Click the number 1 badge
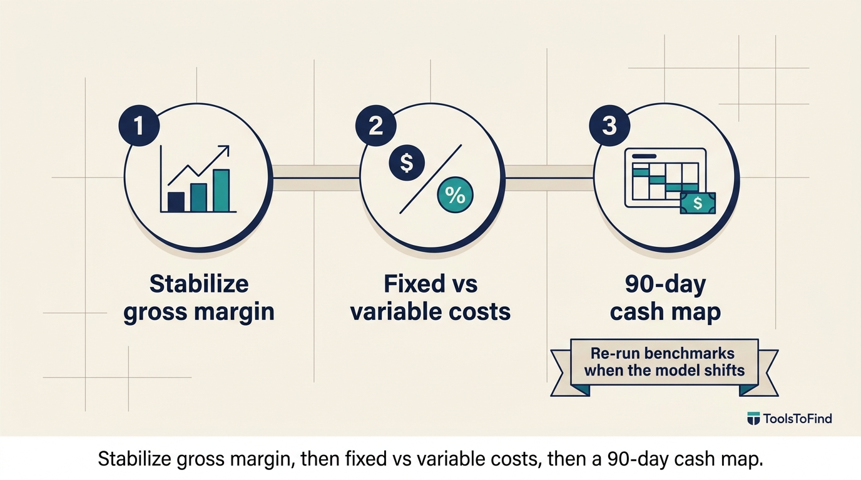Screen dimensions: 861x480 (139, 126)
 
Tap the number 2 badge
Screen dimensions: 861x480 (375, 126)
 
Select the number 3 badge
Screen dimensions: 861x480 (609, 126)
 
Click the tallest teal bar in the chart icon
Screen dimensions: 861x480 (222, 191)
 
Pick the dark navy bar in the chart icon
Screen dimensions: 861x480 (176, 202)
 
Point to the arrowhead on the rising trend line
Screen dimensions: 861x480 (225, 150)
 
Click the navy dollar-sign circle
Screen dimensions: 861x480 (407, 163)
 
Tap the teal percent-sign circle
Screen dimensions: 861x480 (455, 195)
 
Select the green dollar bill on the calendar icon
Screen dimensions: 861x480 (698, 202)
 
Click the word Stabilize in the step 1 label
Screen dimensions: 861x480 (199, 284)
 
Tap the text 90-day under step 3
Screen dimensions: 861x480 (665, 285)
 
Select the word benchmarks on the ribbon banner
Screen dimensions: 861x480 (689, 353)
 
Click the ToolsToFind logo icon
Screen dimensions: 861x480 (753, 418)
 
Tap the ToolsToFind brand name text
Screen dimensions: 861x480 (797, 418)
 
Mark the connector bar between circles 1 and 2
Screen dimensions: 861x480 (316, 177)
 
